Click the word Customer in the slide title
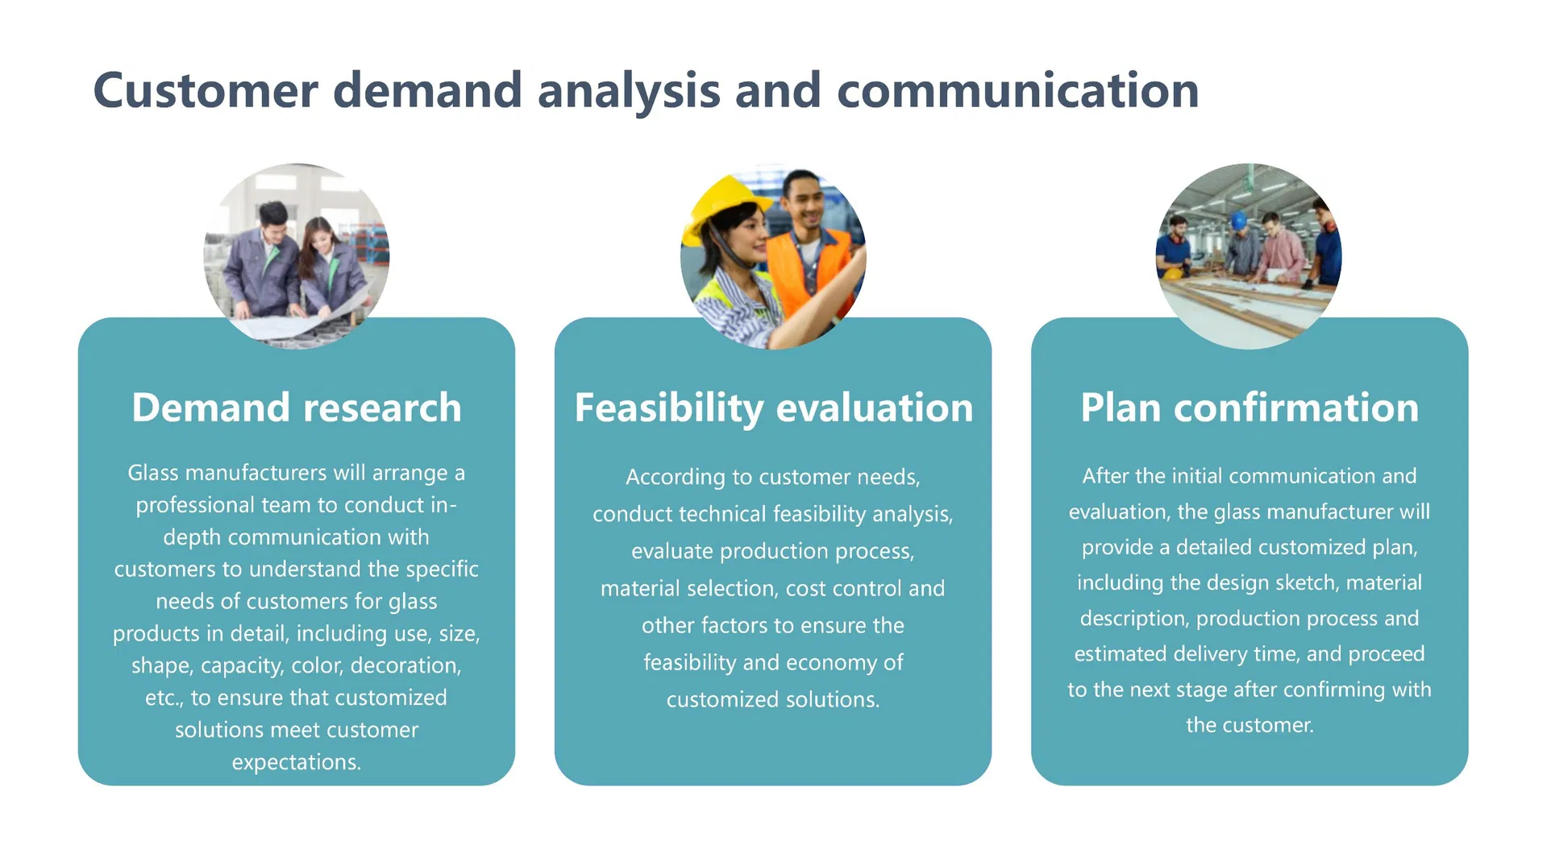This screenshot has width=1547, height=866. pos(206,90)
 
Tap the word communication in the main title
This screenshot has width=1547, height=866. pos(1018,90)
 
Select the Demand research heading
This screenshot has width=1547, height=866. pos(297,408)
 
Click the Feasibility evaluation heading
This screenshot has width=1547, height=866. pos(774,408)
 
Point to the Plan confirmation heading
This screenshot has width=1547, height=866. pos(1250,408)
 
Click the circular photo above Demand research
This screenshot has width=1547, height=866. pos(297,256)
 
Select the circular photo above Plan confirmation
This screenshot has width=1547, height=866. pos(1250,256)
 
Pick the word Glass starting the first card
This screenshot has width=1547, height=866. pos(153,472)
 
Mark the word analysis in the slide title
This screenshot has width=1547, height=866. pos(629,90)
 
